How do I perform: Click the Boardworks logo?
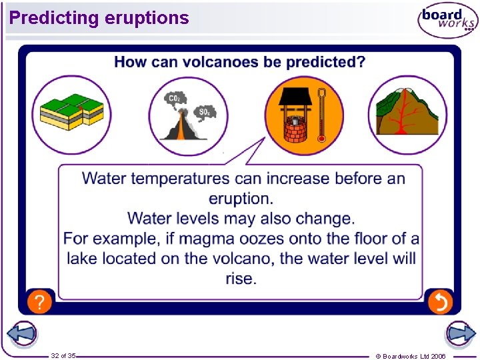pos(447,20)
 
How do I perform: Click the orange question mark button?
pos(39,302)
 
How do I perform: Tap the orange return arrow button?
pos(440,302)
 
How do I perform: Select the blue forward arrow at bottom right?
pos(459,333)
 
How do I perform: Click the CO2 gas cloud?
pos(175,100)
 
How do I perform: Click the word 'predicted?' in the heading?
pos(326,62)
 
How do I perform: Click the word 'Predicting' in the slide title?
pos(54,18)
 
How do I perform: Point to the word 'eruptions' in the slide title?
pos(147,18)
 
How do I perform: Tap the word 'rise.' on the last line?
pos(241,278)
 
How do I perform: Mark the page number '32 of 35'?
pos(63,356)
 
